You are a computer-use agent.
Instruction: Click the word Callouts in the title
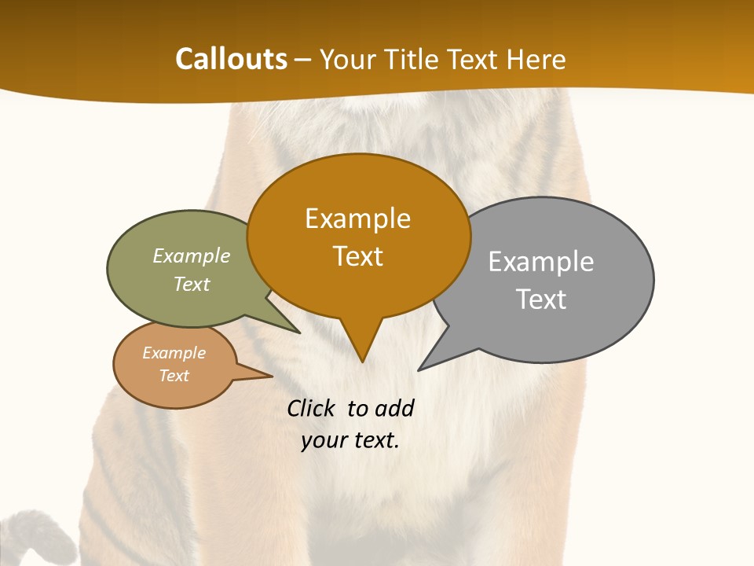[x=231, y=59]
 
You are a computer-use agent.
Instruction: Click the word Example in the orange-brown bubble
[x=357, y=219]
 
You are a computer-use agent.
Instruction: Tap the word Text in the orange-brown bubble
[x=357, y=256]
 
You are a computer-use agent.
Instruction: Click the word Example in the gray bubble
[x=540, y=262]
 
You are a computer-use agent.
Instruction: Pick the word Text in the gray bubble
[x=541, y=300]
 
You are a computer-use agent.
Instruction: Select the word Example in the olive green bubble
[x=192, y=256]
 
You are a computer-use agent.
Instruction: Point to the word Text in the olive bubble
[x=192, y=285]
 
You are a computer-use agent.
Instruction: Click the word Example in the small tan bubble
[x=174, y=353]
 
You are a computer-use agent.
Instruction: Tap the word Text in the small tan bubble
[x=174, y=376]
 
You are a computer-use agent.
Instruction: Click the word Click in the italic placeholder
[x=311, y=409]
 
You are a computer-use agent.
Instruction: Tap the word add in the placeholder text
[x=393, y=409]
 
